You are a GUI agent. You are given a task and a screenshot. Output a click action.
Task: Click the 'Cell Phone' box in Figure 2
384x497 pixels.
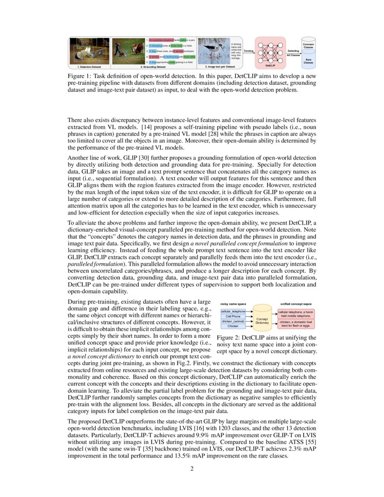coord(233,316)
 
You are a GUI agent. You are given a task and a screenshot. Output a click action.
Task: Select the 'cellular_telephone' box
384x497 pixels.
coord(233,311)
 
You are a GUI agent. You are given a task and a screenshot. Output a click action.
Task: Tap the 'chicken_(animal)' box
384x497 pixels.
coord(233,321)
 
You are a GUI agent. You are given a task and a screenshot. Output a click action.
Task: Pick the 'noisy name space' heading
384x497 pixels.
coord(233,304)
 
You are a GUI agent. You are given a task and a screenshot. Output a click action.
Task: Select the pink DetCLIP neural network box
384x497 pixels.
coord(271,52)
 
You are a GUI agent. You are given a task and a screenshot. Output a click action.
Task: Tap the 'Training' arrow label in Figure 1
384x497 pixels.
coord(248,51)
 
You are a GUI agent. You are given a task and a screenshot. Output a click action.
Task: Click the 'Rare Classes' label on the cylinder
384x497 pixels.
coord(309,61)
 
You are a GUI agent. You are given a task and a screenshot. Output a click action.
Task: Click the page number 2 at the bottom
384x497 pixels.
coord(192,469)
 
